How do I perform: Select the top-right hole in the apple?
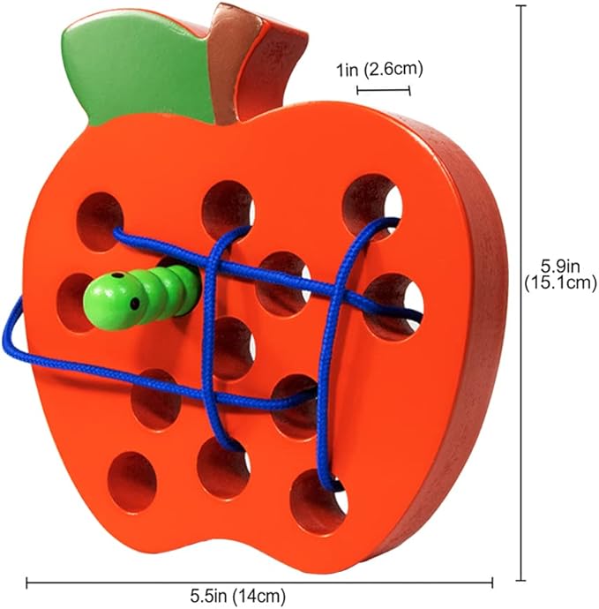371,199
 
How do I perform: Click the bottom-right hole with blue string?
318,500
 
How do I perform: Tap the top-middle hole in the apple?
228,207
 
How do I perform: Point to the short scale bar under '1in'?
384,89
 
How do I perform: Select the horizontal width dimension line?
258,581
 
